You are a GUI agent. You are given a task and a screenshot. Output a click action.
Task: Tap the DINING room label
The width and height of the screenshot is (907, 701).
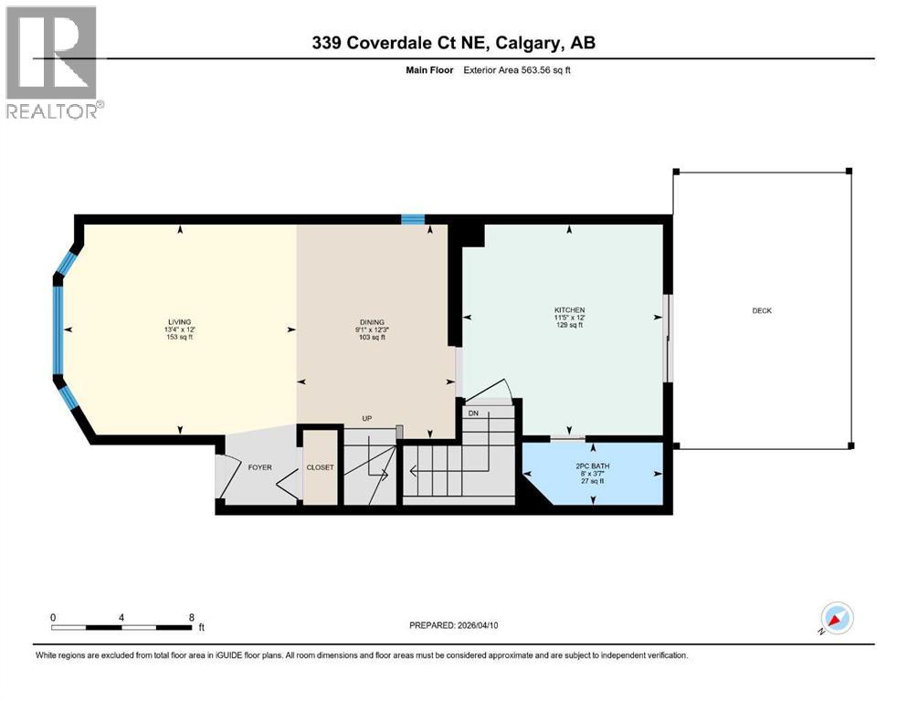371,322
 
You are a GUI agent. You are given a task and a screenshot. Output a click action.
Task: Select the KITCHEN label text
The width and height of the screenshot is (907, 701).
569,310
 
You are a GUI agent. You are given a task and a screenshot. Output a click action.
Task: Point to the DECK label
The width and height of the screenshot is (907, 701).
762,311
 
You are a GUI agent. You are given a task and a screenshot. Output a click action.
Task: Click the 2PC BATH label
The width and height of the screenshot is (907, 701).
594,466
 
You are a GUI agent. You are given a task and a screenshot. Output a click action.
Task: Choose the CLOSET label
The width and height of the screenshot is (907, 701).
320,467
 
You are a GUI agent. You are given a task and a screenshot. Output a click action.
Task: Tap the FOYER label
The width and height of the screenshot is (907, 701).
260,467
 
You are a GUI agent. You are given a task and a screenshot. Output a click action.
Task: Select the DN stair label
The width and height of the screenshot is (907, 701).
472,413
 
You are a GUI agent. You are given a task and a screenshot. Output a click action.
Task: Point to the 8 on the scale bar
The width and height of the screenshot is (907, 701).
191,617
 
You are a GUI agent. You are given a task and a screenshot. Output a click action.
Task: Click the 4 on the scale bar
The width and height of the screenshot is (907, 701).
121,617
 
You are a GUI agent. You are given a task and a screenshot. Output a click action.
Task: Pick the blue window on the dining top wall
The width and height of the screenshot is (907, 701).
413,219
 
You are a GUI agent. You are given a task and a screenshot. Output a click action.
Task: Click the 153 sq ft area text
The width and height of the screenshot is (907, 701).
179,338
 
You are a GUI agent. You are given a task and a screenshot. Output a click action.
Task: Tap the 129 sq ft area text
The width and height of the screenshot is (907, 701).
569,326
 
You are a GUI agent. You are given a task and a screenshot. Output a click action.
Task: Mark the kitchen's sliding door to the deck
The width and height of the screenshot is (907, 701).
668,338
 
